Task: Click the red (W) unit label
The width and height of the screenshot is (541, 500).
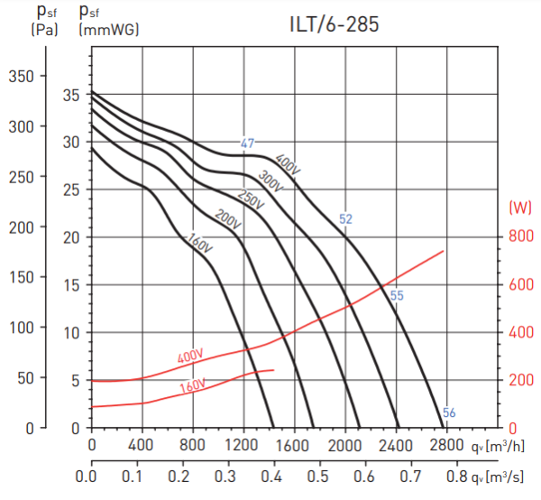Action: [520, 208]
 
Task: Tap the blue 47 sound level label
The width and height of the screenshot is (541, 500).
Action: [248, 144]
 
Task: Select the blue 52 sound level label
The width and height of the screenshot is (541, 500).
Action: [345, 218]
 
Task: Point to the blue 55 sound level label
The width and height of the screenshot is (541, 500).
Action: [397, 295]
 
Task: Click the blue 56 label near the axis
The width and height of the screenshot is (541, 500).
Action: [449, 413]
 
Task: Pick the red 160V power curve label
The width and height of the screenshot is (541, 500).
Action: [192, 387]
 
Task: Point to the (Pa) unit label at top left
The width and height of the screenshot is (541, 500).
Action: [45, 29]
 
